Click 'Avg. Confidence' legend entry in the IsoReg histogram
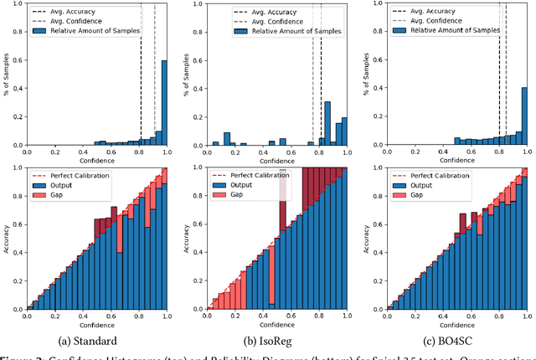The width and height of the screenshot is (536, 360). (256, 19)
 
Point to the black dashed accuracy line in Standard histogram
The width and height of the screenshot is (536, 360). (141, 67)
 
